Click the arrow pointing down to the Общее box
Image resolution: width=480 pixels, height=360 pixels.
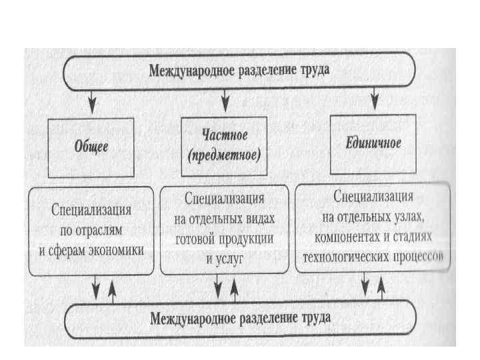93,101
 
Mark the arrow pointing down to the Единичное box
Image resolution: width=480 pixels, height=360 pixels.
375,101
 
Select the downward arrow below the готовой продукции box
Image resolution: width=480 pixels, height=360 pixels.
218,290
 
